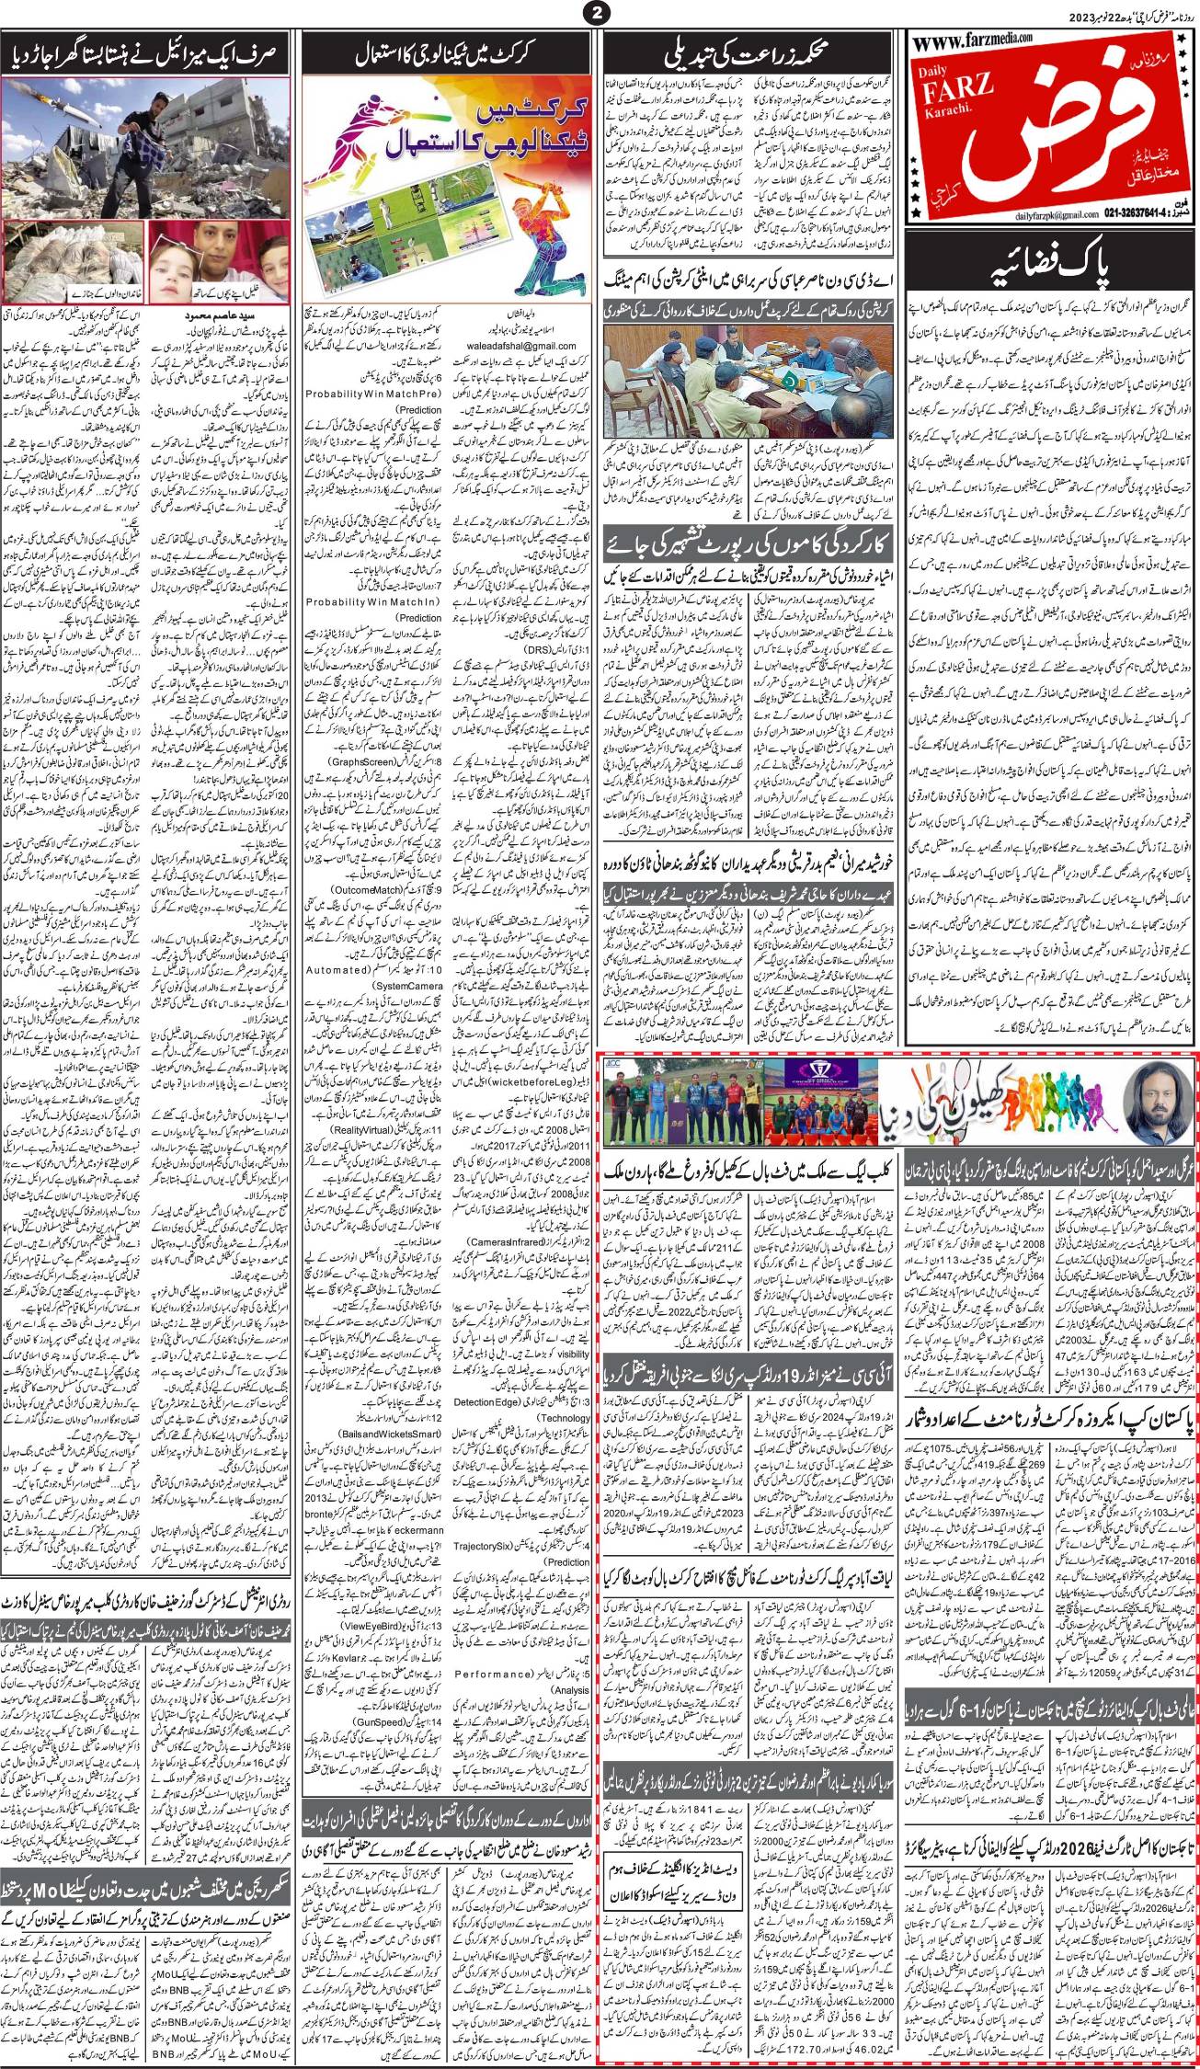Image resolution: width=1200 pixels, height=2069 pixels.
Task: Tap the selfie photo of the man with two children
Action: pyautogui.click(x=211, y=260)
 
